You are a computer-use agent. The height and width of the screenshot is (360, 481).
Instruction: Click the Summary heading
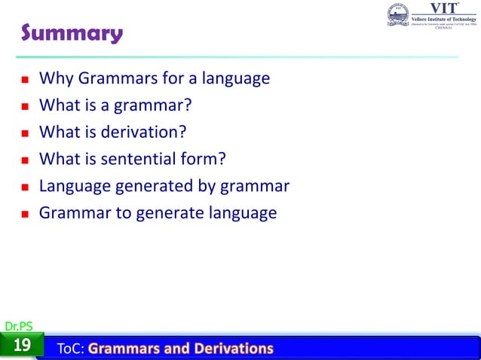click(x=71, y=34)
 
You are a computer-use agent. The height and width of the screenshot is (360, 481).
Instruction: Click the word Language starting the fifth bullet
click(x=73, y=186)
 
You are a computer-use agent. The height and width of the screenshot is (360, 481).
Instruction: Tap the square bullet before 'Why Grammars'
click(x=26, y=79)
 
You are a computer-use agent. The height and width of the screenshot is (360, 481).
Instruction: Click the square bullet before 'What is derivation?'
click(x=26, y=133)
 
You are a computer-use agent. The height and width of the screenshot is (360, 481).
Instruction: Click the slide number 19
click(x=22, y=346)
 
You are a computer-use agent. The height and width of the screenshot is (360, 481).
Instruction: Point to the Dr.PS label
click(x=18, y=326)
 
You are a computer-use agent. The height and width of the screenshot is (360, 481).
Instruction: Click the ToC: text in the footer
click(x=72, y=348)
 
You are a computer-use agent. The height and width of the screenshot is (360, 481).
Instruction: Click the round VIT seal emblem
click(x=398, y=14)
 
